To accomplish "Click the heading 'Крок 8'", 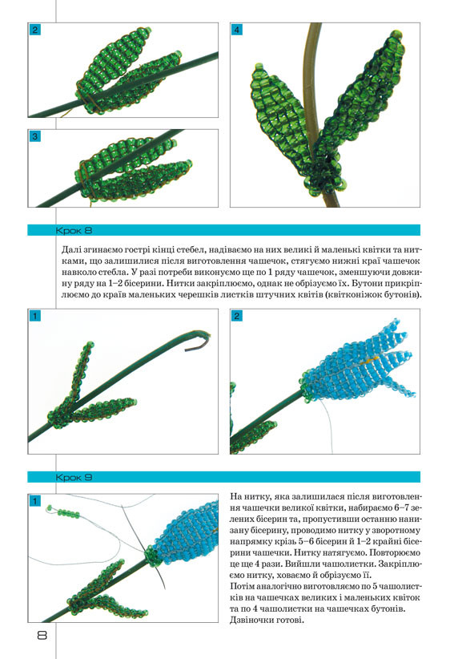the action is pyautogui.click(x=74, y=230).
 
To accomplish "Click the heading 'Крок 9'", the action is pyautogui.click(x=74, y=477).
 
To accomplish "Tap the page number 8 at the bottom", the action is pyautogui.click(x=42, y=635).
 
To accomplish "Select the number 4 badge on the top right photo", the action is pyautogui.click(x=237, y=30).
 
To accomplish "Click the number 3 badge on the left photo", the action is pyautogui.click(x=34, y=136).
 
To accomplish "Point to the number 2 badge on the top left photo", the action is pyautogui.click(x=34, y=30).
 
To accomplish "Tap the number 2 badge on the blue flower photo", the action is pyautogui.click(x=237, y=316).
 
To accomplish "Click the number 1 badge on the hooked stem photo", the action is pyautogui.click(x=34, y=316).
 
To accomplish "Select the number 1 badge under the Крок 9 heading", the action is pyautogui.click(x=34, y=500).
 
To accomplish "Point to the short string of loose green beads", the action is pyautogui.click(x=64, y=512).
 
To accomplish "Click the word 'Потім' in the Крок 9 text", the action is pyautogui.click(x=242, y=586).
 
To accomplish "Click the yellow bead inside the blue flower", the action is pyautogui.click(x=372, y=360).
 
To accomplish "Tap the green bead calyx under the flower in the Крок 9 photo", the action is pyautogui.click(x=152, y=556).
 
